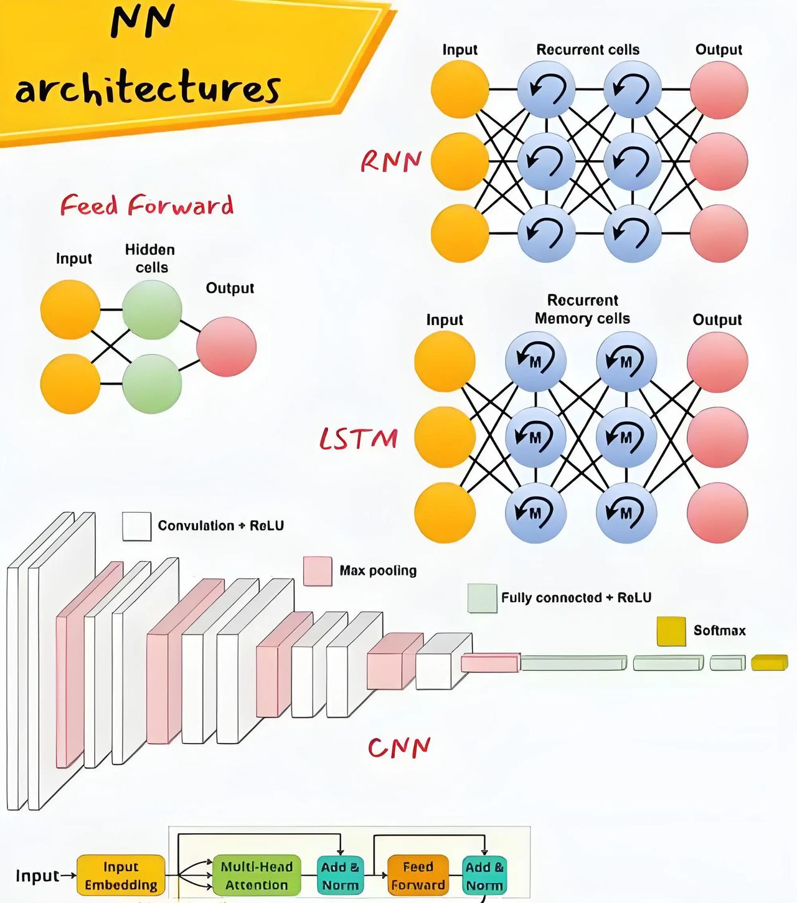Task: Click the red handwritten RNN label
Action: (391, 161)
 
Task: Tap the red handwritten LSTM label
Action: (359, 438)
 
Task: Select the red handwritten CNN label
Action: (399, 747)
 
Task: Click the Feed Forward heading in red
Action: (147, 206)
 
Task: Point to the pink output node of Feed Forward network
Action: (226, 347)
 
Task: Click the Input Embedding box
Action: (121, 876)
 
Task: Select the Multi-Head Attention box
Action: (257, 876)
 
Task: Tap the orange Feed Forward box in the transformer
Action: (418, 876)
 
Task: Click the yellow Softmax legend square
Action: (671, 631)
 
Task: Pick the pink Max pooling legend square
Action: (317, 571)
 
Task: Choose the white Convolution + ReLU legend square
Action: (136, 526)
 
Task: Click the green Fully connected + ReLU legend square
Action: (482, 598)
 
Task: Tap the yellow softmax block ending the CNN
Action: (769, 663)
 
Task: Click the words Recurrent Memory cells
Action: (582, 310)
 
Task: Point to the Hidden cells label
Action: (150, 258)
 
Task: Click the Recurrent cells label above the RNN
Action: (588, 50)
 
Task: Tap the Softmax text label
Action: (719, 631)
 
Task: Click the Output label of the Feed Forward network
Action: (230, 288)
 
